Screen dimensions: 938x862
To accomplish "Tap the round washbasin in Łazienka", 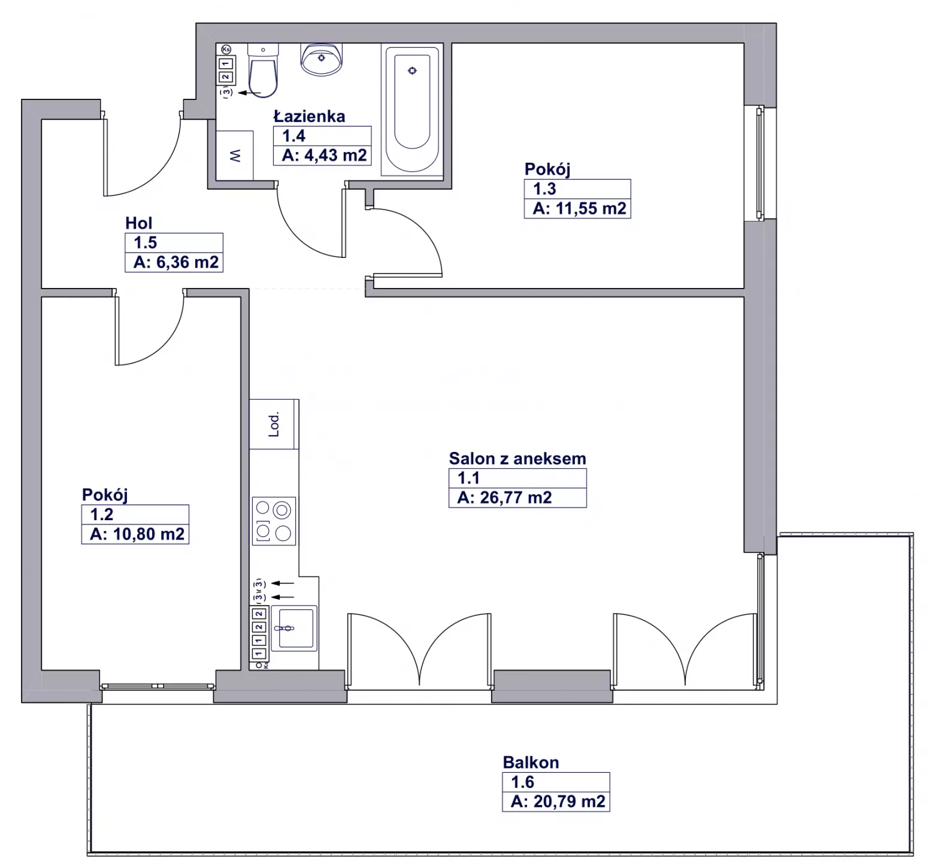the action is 322,59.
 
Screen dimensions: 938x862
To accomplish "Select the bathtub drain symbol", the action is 412,71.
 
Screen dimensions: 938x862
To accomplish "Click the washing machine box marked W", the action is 235,156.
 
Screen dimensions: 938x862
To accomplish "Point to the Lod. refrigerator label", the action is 274,424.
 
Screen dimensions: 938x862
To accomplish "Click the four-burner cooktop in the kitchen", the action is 274,521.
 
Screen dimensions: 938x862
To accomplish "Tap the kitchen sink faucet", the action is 285,629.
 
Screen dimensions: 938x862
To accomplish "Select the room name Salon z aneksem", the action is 518,459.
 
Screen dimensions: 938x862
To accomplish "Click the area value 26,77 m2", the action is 516,497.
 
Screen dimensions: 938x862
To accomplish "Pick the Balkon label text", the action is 531,762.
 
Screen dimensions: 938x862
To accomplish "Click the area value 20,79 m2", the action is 569,801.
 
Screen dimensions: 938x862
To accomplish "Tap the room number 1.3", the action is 544,189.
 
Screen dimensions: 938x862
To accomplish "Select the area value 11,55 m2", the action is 591,208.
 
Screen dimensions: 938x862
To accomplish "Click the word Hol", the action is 139,223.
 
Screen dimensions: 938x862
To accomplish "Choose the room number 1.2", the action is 101,514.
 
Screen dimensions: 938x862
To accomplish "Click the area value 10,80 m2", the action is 149,534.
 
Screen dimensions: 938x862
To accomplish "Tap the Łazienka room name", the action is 310,116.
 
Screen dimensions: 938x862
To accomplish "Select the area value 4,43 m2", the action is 335,155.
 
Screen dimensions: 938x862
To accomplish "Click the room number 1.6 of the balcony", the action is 522,782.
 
